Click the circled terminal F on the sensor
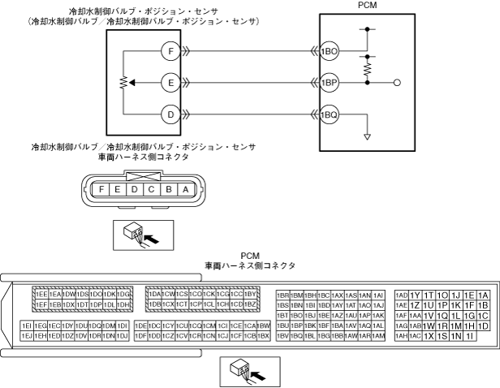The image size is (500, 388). (x=170, y=50)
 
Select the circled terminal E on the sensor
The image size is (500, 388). (x=170, y=82)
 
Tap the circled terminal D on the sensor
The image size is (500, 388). (x=170, y=114)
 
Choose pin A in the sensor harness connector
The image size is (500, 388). (x=187, y=188)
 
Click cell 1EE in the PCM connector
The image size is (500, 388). (x=40, y=294)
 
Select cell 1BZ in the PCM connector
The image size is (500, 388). (x=251, y=304)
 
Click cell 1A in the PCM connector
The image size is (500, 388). (x=484, y=295)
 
